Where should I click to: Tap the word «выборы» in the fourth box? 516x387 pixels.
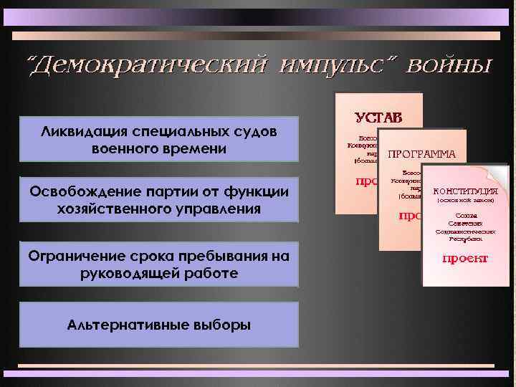click(222, 324)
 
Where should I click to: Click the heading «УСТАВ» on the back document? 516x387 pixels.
click(378, 116)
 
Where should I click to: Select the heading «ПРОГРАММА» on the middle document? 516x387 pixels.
click(421, 154)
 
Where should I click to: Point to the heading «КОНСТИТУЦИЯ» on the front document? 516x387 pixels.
click(466, 191)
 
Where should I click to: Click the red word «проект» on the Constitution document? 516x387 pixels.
click(465, 258)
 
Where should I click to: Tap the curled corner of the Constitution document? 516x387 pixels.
click(497, 174)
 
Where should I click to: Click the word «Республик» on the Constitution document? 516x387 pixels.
click(465, 238)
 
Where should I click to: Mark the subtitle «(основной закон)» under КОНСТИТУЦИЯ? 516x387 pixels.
click(466, 201)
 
